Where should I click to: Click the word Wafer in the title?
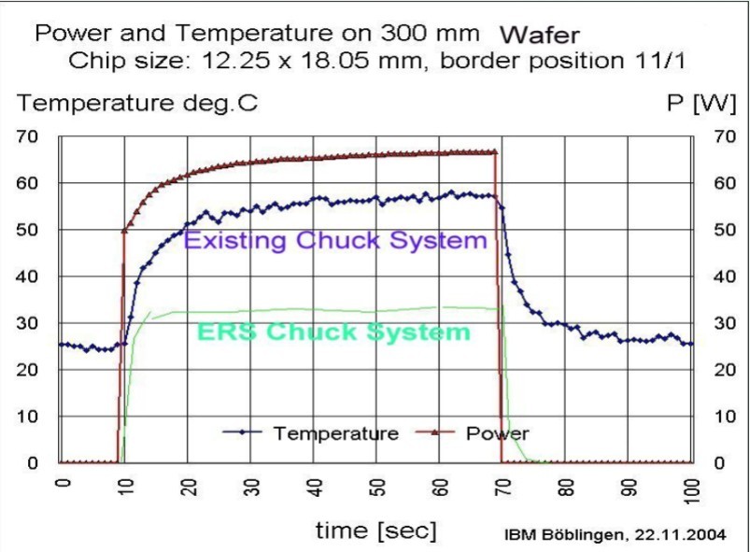[540, 35]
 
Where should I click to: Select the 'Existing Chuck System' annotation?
[335, 240]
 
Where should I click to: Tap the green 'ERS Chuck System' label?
[333, 332]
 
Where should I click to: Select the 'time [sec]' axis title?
[375, 531]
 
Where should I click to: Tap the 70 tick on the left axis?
[28, 136]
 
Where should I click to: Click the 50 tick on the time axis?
[377, 488]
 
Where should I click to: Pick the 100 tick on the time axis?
[691, 489]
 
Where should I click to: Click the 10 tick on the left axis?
[28, 417]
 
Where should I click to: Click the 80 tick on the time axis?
[566, 488]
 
